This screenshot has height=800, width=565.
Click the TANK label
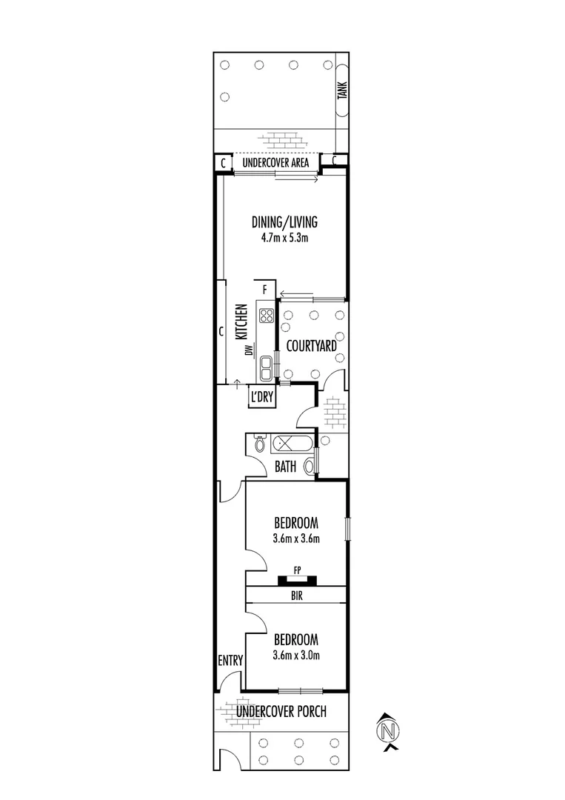point(342,90)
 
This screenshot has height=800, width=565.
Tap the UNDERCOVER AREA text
point(275,162)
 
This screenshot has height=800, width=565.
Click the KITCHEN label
point(241,322)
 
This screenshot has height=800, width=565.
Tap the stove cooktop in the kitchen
point(266,317)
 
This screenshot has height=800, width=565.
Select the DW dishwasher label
point(251,350)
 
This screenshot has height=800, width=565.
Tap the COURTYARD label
point(311,345)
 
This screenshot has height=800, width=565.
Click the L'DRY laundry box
point(262,398)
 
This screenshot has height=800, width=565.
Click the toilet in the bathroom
point(258,444)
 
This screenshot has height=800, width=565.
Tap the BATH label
point(285,467)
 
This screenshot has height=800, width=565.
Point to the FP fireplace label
point(296,570)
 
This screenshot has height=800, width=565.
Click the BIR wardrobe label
point(296,595)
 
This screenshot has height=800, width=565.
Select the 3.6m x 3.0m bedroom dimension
point(295,655)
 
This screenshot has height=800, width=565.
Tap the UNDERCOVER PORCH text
point(281,713)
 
